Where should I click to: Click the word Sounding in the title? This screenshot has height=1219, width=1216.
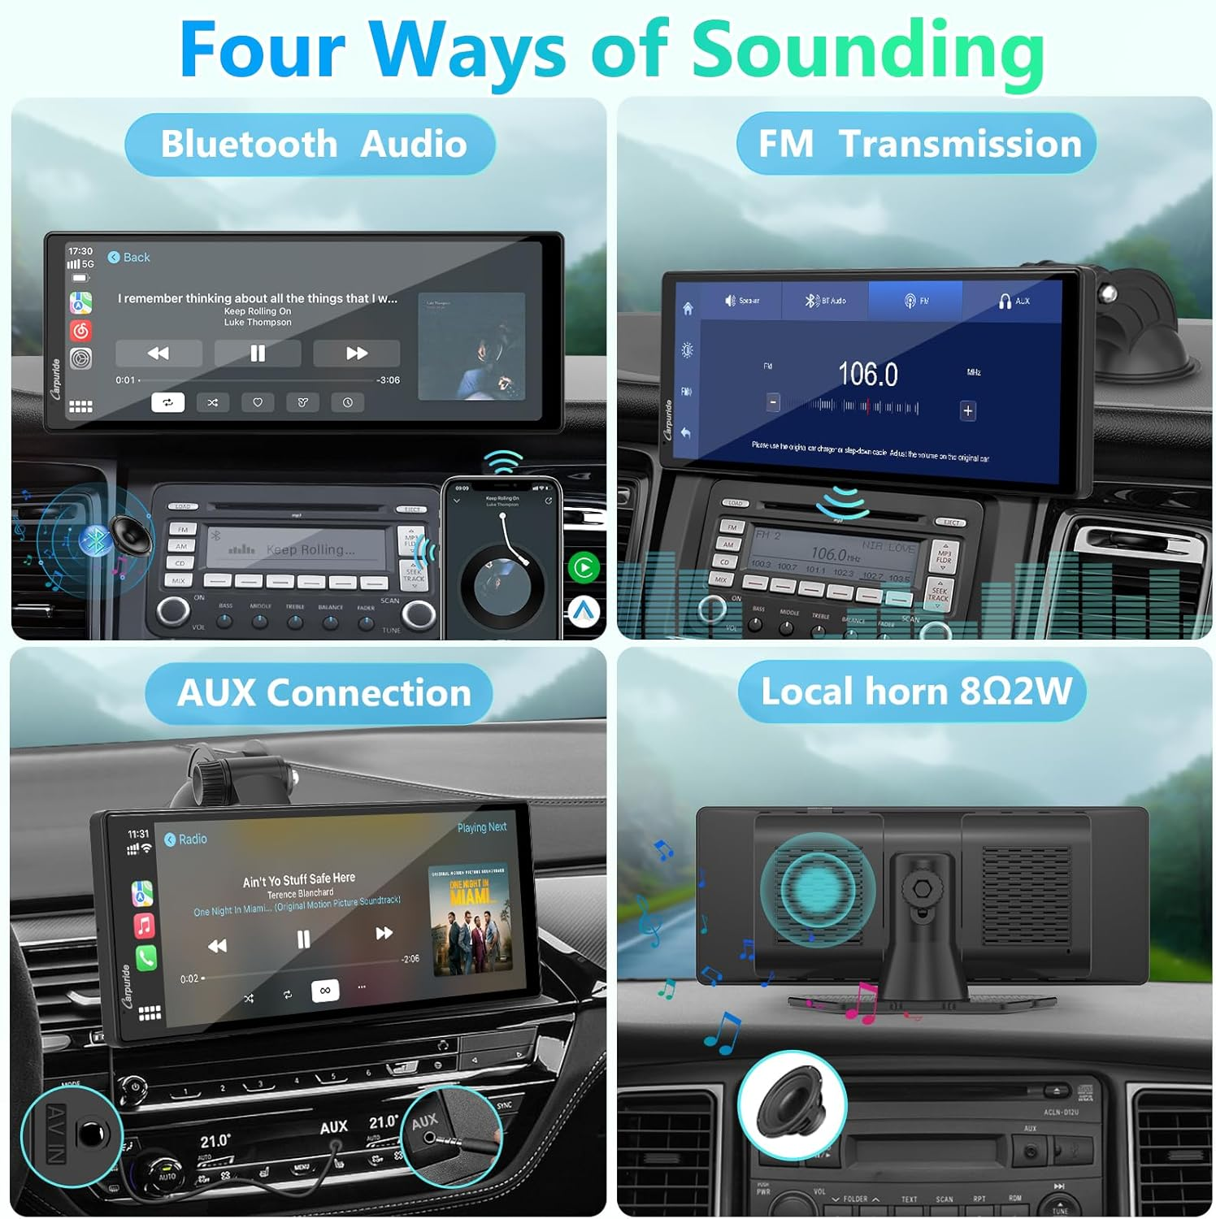click(x=867, y=50)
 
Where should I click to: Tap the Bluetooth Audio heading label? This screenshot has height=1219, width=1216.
click(x=313, y=145)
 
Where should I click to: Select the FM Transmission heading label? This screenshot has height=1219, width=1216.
click(x=919, y=144)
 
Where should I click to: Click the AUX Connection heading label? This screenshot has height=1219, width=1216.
click(x=323, y=693)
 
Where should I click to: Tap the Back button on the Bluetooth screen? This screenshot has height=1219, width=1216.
click(x=129, y=258)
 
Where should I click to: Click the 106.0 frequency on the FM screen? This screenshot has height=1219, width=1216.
click(x=867, y=375)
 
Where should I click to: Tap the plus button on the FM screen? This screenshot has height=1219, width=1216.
click(x=967, y=410)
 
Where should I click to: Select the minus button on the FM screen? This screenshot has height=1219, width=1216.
click(x=773, y=402)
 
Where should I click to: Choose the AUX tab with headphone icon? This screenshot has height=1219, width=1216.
click(x=1014, y=301)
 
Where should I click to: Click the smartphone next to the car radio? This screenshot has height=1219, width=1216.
click(x=502, y=558)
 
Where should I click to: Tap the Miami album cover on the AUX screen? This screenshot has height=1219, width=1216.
click(x=470, y=919)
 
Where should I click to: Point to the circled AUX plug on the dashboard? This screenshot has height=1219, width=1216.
click(x=449, y=1134)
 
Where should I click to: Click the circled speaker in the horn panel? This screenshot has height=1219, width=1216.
click(x=792, y=1105)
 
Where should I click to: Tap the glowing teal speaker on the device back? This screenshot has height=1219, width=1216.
click(x=818, y=889)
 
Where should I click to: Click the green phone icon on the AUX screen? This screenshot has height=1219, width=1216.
click(x=146, y=958)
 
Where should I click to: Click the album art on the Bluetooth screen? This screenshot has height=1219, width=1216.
click(x=471, y=347)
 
